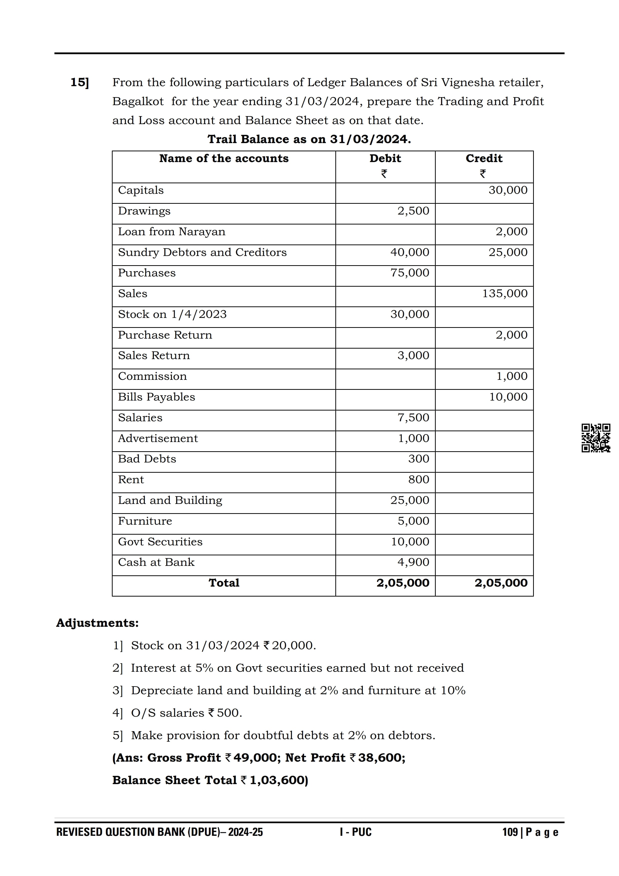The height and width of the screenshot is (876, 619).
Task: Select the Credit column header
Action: (x=484, y=158)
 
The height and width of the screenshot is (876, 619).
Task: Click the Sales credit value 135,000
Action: (x=505, y=293)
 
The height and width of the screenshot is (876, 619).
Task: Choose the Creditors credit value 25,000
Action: (x=508, y=252)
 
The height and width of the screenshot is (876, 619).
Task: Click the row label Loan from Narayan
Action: (x=172, y=231)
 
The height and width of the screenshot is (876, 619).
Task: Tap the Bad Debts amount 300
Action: (x=418, y=459)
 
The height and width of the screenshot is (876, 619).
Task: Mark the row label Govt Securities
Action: (x=160, y=541)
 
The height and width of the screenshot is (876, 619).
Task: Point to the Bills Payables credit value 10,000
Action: (x=508, y=397)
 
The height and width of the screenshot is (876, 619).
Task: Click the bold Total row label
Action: (x=224, y=583)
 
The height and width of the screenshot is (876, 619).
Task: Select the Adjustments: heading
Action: (x=97, y=623)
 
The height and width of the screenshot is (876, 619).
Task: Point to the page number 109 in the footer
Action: (x=510, y=832)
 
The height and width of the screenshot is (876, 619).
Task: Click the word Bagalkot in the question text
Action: (x=138, y=101)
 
